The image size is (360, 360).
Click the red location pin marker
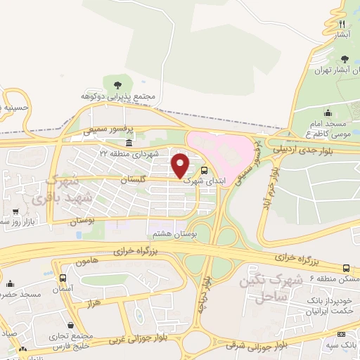click(181, 166)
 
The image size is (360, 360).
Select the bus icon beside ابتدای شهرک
click(204, 169)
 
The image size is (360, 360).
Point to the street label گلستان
click(143, 181)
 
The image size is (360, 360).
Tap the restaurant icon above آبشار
click(342, 23)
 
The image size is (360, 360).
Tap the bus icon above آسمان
click(63, 278)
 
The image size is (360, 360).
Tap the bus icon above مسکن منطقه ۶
click(345, 268)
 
